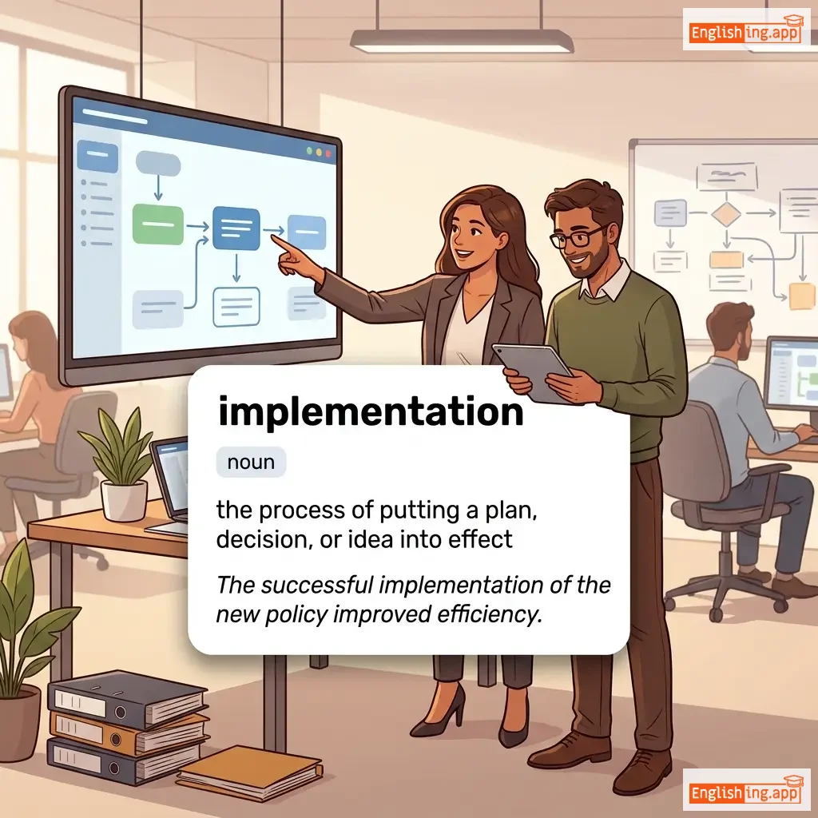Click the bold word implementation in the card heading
tap(371, 411)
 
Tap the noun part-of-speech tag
tap(251, 463)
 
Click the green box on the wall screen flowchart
tap(158, 224)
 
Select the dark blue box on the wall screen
tap(236, 228)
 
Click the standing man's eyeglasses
tap(577, 236)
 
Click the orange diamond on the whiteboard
tap(726, 212)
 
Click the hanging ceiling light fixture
tap(462, 40)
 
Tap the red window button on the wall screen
tap(328, 153)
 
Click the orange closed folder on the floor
tap(250, 772)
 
